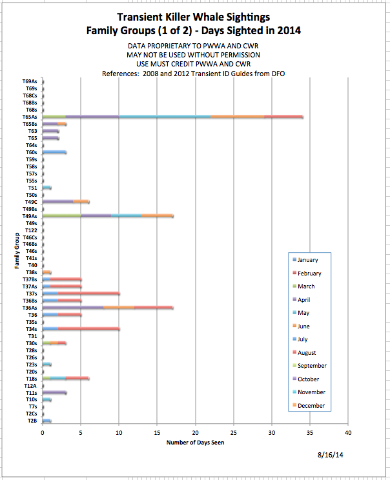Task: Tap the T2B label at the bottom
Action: pos(32,421)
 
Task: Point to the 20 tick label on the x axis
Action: pos(195,432)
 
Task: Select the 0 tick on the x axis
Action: pos(43,432)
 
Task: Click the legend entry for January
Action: pos(307,260)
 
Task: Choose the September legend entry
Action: pos(311,366)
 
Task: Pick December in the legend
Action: pos(310,406)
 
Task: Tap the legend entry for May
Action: pos(303,313)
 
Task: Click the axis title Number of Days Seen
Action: pos(195,443)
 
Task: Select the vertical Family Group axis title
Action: pos(17,252)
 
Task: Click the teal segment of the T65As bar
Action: pos(165,117)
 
